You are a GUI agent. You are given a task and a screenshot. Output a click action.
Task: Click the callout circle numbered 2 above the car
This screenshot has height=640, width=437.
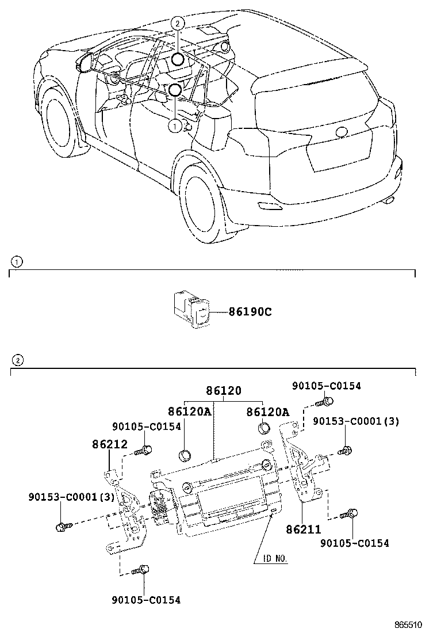pos(178,24)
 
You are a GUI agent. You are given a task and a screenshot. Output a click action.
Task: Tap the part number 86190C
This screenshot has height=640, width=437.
pos(250,312)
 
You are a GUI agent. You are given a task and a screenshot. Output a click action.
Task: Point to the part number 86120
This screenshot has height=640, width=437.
pos(224,391)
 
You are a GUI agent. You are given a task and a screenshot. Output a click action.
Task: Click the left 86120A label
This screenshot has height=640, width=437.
pos(189,412)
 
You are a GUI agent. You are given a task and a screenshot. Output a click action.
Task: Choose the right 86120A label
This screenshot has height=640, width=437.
pos(267,412)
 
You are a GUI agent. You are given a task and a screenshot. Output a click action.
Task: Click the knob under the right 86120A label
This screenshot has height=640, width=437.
pos(264,428)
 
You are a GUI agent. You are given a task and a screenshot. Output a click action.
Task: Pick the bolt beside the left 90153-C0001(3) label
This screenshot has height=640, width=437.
pos(63,526)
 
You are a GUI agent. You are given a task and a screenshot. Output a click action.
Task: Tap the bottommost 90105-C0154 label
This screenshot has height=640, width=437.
pos(146,600)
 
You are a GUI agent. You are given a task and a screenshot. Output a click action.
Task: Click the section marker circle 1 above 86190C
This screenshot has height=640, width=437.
pos(17,262)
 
